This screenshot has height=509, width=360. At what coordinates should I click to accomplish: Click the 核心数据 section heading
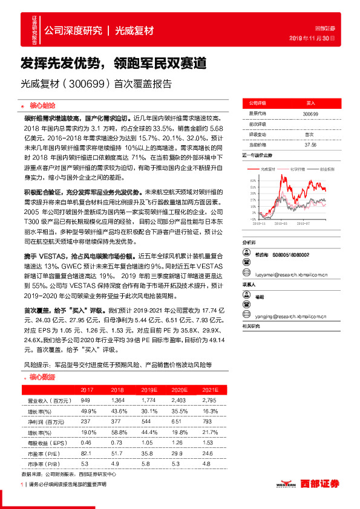(42, 377)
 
